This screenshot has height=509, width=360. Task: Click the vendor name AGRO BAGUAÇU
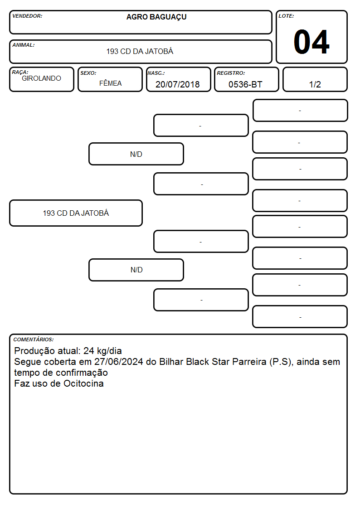[x=156, y=17]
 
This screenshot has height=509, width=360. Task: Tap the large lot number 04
[x=311, y=42]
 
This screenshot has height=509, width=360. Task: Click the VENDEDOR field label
[x=27, y=16]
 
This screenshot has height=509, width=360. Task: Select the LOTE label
[x=286, y=16]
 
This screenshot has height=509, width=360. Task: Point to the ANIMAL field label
[x=24, y=45]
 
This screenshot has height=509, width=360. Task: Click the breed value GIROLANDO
[x=41, y=78]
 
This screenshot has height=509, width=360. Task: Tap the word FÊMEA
[x=110, y=83]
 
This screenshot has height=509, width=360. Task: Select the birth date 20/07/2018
[x=178, y=84]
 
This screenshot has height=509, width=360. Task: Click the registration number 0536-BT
[x=245, y=84]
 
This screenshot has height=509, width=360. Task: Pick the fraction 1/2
[x=315, y=84]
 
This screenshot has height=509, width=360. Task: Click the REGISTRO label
[x=231, y=73]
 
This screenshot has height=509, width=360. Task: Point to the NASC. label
[x=156, y=73]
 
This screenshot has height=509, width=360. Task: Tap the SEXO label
[x=88, y=73]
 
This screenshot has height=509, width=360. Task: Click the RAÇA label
[x=20, y=72]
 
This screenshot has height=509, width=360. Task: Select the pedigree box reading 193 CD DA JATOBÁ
[x=76, y=213]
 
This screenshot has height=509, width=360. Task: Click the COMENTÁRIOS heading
[x=34, y=339]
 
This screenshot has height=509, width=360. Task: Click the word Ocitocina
[x=83, y=383]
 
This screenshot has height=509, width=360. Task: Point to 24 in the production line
[x=89, y=351]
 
